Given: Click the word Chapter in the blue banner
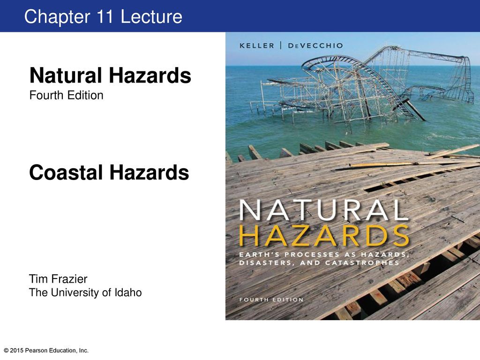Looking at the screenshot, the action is pyautogui.click(x=57, y=17).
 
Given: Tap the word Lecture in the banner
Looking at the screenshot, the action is pyautogui.click(x=151, y=16).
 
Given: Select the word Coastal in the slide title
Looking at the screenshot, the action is pyautogui.click(x=66, y=172).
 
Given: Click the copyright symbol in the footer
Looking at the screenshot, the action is pyautogui.click(x=6, y=351).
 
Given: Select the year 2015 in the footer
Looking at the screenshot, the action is pyautogui.click(x=17, y=351).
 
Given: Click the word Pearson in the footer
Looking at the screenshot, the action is pyautogui.click(x=35, y=351).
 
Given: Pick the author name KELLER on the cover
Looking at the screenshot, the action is pyautogui.click(x=257, y=45).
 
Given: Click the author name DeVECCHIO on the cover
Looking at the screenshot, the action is pyautogui.click(x=315, y=45).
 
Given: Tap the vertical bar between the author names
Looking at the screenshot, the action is pyautogui.click(x=281, y=45).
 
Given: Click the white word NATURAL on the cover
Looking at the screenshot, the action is pyautogui.click(x=324, y=210).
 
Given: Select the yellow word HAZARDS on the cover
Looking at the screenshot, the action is pyautogui.click(x=324, y=236).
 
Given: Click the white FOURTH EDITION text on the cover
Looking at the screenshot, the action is pyautogui.click(x=271, y=300).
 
